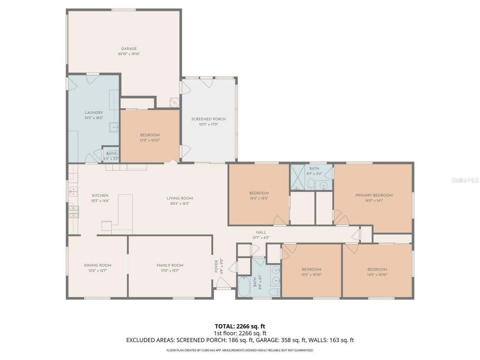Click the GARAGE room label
pyautogui.click(x=129, y=48)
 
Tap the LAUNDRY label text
pyautogui.click(x=94, y=112)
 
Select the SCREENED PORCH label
pyautogui.click(x=208, y=119)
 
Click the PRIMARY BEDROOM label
pyautogui.click(x=374, y=195)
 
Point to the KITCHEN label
pyautogui.click(x=100, y=195)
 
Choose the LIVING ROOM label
pyautogui.click(x=180, y=198)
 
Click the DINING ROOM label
pyautogui.click(x=97, y=265)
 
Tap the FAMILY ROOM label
pyautogui.click(x=170, y=265)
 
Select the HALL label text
pyautogui.click(x=261, y=232)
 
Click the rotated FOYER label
pyautogui.click(x=216, y=267)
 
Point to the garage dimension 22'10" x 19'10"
pyautogui.click(x=129, y=54)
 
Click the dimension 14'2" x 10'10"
pyautogui.click(x=377, y=274)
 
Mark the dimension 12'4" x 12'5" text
pyautogui.click(x=259, y=198)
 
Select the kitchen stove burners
pyautogui.click(x=73, y=212)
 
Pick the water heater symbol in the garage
pyautogui.click(x=174, y=102)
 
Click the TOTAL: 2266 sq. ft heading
pyautogui.click(x=240, y=326)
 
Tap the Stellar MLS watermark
pyautogui.click(x=465, y=180)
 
